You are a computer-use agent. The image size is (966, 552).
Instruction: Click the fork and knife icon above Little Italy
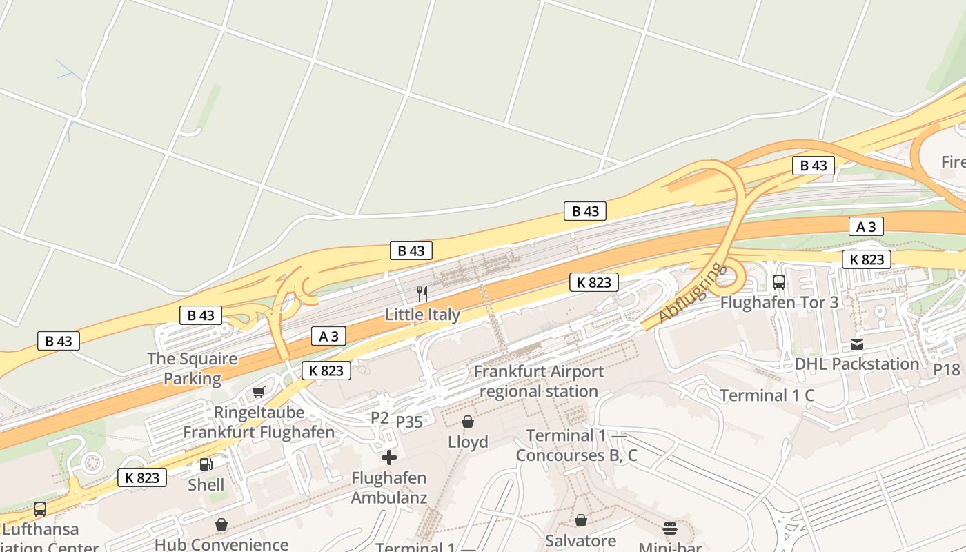click(x=422, y=294)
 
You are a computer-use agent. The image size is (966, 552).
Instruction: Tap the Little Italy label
click(x=422, y=315)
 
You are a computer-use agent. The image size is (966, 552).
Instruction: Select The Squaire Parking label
click(x=192, y=368)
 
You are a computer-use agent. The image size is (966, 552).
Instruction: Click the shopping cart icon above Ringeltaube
click(x=259, y=393)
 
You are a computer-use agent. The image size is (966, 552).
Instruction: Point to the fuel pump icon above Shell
click(x=206, y=464)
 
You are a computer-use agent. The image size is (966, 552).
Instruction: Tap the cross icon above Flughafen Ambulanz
click(x=389, y=457)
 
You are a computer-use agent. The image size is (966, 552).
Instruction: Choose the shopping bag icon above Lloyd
click(x=468, y=422)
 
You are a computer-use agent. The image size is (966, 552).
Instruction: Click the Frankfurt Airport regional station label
click(x=538, y=382)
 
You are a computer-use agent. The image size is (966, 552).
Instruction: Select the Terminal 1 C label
click(x=767, y=395)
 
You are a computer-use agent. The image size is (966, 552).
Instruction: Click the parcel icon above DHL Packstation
click(x=857, y=344)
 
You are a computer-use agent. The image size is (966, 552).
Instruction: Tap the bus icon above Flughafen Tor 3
click(x=779, y=282)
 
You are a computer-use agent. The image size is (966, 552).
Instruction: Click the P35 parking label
click(x=410, y=422)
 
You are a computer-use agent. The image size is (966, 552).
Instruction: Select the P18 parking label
click(x=947, y=370)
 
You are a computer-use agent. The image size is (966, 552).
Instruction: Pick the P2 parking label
click(x=380, y=417)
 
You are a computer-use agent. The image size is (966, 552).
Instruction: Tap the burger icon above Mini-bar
click(x=670, y=529)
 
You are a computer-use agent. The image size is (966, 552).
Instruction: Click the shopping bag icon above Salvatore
click(x=581, y=520)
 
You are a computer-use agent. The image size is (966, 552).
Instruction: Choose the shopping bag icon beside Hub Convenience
click(x=221, y=525)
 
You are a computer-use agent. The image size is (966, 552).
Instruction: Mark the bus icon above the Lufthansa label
click(x=40, y=509)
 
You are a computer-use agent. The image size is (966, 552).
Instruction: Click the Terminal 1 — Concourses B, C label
click(x=576, y=446)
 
